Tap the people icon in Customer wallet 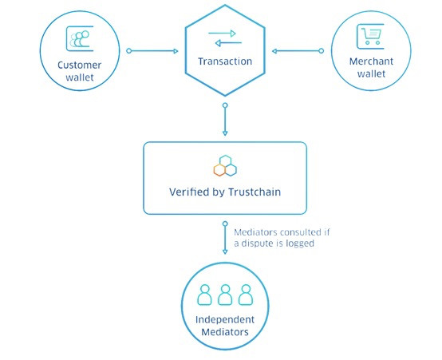(x=78, y=38)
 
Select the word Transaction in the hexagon (x=224, y=61)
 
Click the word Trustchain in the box (x=254, y=192)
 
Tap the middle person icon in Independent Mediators (x=224, y=294)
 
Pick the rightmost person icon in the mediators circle (x=245, y=294)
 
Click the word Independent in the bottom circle (x=224, y=320)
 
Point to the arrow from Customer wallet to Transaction (x=153, y=52)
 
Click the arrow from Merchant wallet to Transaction (x=297, y=52)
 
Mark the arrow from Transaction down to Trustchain (x=225, y=120)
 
